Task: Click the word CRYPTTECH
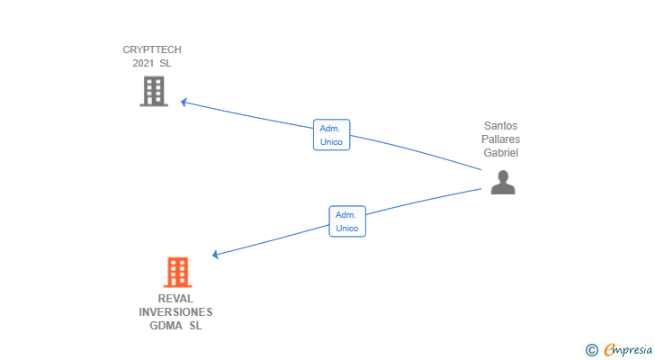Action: [152, 49]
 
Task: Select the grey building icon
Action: [154, 91]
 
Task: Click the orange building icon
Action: [177, 272]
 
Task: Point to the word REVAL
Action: [175, 299]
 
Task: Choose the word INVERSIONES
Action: [175, 312]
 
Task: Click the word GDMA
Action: [165, 326]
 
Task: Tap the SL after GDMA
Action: [195, 326]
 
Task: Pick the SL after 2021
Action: [166, 63]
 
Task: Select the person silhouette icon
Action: [503, 183]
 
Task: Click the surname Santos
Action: [501, 126]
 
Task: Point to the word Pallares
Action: [501, 139]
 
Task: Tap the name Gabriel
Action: [501, 153]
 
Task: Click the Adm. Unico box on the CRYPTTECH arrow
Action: [331, 135]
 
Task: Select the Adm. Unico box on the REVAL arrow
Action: [347, 221]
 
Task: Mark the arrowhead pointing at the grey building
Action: [184, 102]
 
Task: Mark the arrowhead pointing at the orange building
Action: [216, 255]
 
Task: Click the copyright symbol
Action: [591, 350]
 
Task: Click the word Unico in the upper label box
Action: [331, 142]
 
